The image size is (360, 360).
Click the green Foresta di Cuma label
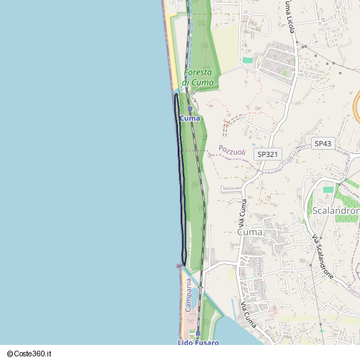click(198, 78)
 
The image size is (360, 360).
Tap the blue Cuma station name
click(191, 118)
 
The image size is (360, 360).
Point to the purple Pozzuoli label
click(232, 151)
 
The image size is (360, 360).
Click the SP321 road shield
click(268, 154)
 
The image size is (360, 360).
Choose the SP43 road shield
click(323, 144)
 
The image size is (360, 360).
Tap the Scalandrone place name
click(336, 210)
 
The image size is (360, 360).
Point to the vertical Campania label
click(188, 295)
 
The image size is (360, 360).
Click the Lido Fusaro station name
click(198, 343)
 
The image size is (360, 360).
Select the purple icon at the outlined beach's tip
click(179, 266)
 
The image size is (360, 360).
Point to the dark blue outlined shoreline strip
click(180, 180)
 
